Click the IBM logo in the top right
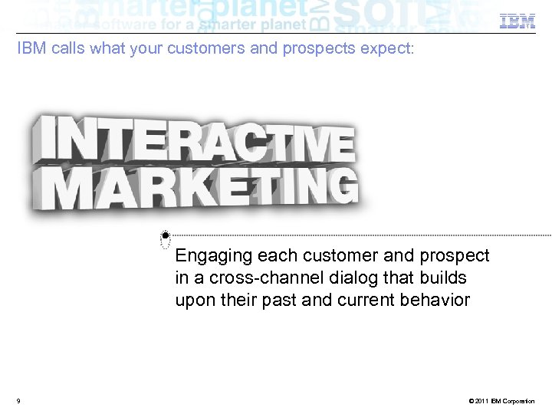tap(517, 21)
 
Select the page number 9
tap(18, 401)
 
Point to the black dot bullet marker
tap(166, 235)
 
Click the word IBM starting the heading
tap(30, 49)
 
